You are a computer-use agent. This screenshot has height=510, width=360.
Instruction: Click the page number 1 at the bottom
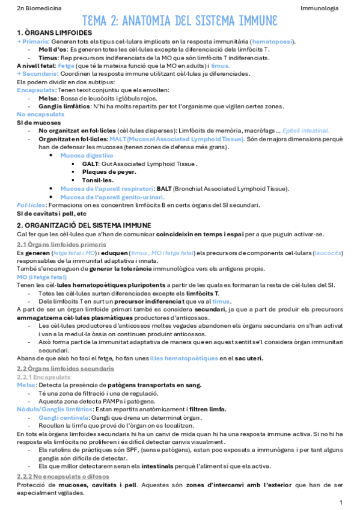pyautogui.click(x=341, y=502)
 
